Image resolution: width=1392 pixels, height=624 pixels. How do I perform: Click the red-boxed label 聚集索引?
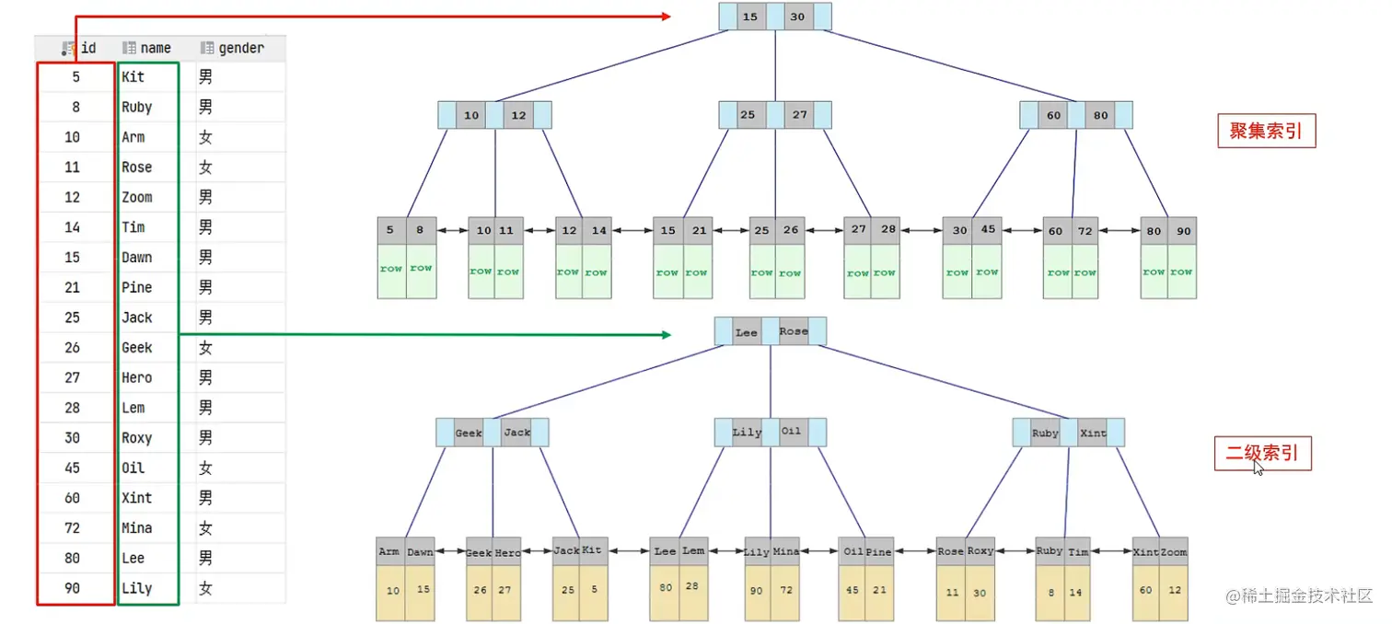click(1266, 132)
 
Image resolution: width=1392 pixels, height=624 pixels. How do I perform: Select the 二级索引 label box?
click(1262, 454)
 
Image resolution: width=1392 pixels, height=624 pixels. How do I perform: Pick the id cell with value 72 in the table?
click(72, 528)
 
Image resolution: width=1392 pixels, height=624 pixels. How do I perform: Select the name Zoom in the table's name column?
click(137, 197)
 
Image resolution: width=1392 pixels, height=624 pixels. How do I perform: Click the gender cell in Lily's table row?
click(205, 588)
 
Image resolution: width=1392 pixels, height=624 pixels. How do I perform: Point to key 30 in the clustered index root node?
click(797, 17)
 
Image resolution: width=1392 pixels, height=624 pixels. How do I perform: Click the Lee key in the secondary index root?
click(746, 332)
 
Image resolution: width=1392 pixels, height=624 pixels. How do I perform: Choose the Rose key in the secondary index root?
click(793, 331)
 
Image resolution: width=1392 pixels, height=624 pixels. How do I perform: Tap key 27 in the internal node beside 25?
click(799, 115)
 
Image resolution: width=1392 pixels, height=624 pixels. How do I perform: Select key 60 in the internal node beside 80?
click(1053, 115)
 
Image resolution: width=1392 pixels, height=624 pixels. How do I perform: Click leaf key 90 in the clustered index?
click(1182, 231)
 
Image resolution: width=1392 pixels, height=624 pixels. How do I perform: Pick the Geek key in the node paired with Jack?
click(469, 433)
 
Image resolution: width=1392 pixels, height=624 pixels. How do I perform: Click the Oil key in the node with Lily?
click(792, 432)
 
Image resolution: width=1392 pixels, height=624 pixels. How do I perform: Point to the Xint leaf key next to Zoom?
click(1146, 551)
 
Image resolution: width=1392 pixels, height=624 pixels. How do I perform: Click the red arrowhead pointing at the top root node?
click(666, 17)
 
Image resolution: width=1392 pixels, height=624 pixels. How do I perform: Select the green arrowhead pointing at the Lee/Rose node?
click(666, 334)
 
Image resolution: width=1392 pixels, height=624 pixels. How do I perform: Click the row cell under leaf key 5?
click(392, 269)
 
